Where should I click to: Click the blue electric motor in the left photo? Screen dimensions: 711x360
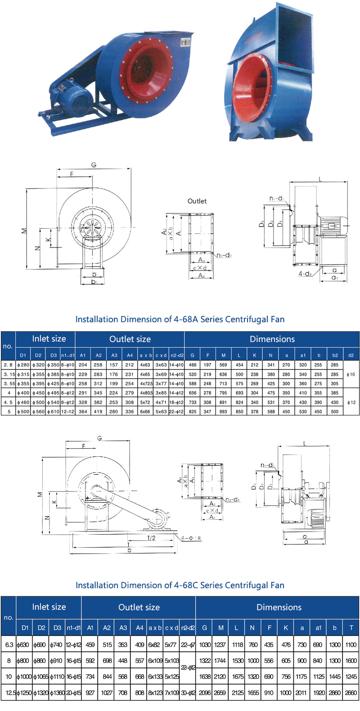tap(72, 93)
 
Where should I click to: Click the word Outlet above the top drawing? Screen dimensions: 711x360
tap(197, 201)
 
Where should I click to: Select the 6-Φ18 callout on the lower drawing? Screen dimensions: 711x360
tap(191, 538)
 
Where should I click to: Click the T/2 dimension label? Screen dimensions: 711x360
tap(151, 538)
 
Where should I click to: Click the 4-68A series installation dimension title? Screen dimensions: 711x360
tap(180, 319)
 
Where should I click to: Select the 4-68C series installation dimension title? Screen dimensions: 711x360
tap(180, 585)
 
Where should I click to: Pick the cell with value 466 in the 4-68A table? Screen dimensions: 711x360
tap(193, 365)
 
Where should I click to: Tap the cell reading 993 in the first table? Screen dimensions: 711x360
tap(223, 411)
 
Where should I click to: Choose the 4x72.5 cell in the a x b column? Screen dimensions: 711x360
tap(146, 384)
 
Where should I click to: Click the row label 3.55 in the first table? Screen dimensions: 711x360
tap(9, 384)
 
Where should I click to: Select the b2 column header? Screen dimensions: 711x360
tap(335, 355)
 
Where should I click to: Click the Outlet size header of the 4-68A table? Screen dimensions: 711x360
tap(130, 339)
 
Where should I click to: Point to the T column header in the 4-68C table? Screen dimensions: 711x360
tap(351, 627)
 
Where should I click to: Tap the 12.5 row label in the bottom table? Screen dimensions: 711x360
tap(9, 693)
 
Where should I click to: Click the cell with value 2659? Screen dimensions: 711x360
tap(220, 693)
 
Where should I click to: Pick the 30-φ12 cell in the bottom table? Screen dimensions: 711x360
tap(188, 693)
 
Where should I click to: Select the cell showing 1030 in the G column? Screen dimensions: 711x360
tap(205, 644)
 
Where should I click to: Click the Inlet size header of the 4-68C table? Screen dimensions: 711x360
tap(49, 607)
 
